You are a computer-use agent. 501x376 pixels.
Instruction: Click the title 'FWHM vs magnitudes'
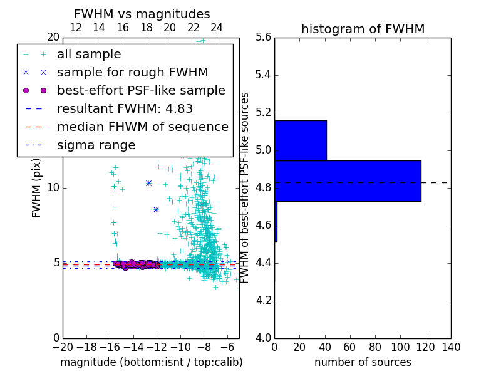[x=142, y=14]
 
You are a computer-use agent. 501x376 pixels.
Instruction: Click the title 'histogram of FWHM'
[x=363, y=29]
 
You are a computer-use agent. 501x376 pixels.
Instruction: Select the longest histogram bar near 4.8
[x=348, y=181]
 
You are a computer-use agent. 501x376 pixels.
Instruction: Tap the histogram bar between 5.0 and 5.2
[x=300, y=140]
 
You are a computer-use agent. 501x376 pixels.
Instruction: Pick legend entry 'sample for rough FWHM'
[x=132, y=73]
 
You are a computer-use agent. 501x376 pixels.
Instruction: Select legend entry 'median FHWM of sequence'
[x=142, y=127]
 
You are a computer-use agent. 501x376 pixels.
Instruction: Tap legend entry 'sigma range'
[x=96, y=145]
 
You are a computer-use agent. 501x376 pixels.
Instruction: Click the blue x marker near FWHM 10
[x=148, y=183]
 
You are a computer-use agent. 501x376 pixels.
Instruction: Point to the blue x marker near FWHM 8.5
[x=156, y=209]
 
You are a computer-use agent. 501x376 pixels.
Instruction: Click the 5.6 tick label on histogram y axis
[x=264, y=38]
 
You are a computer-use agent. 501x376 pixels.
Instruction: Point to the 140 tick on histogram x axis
[x=450, y=347]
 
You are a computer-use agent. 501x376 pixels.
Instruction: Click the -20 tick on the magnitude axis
[x=63, y=347]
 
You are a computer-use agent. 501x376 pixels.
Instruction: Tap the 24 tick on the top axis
[x=217, y=28]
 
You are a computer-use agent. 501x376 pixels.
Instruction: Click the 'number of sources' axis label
[x=363, y=363]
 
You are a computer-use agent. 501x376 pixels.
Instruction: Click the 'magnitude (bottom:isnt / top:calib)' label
[x=151, y=363]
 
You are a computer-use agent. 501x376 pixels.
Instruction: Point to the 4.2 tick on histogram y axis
[x=264, y=301]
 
